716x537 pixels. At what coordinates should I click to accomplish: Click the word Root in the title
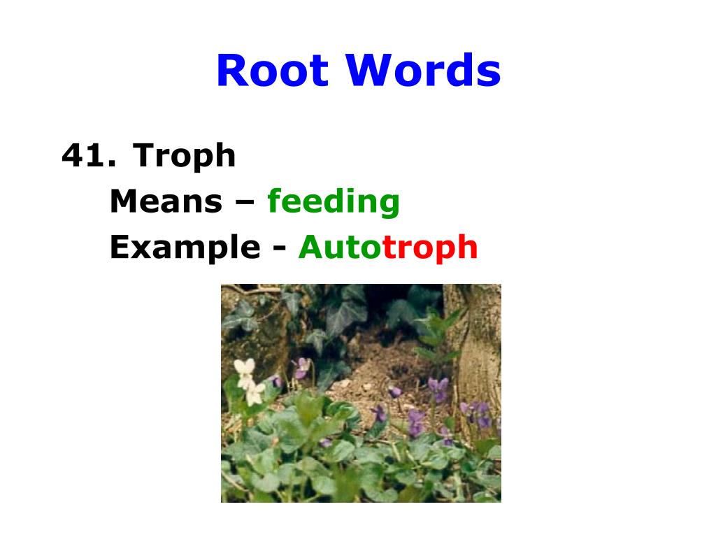click(272, 71)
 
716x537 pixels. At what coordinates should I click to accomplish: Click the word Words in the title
click(423, 71)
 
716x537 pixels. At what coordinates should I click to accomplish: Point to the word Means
click(165, 201)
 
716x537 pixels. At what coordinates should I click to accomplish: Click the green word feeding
click(334, 203)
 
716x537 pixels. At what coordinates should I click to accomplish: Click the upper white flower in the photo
click(244, 370)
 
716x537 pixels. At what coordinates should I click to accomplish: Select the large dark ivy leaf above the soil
click(342, 318)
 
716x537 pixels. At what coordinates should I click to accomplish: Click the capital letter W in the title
click(370, 71)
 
